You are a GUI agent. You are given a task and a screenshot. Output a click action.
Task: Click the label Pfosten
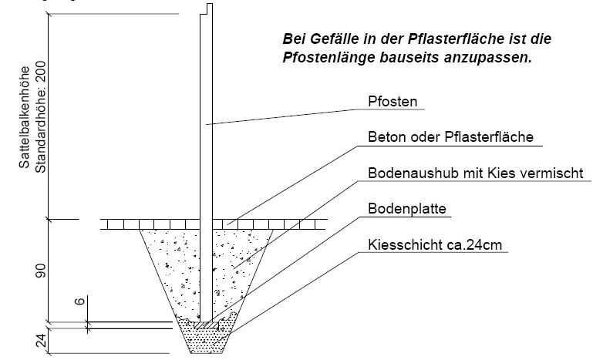392,102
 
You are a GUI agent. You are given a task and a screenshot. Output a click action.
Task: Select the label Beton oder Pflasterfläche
451,137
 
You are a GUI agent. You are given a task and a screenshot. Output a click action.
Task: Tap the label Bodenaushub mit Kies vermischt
476,173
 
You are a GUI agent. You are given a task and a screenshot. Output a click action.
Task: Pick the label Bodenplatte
407,209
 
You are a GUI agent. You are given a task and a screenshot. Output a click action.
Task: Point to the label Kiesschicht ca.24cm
435,245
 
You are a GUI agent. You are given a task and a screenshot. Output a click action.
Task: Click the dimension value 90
40,271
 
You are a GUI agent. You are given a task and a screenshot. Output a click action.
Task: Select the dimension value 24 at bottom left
41,341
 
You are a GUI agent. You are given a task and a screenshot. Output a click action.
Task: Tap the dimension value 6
79,301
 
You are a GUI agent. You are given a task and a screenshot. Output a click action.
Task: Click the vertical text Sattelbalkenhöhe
24,117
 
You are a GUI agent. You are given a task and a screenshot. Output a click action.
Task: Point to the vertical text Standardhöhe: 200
40,117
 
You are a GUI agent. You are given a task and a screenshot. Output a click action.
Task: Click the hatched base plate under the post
206,326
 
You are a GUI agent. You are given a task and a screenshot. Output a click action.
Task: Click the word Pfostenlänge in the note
328,58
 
